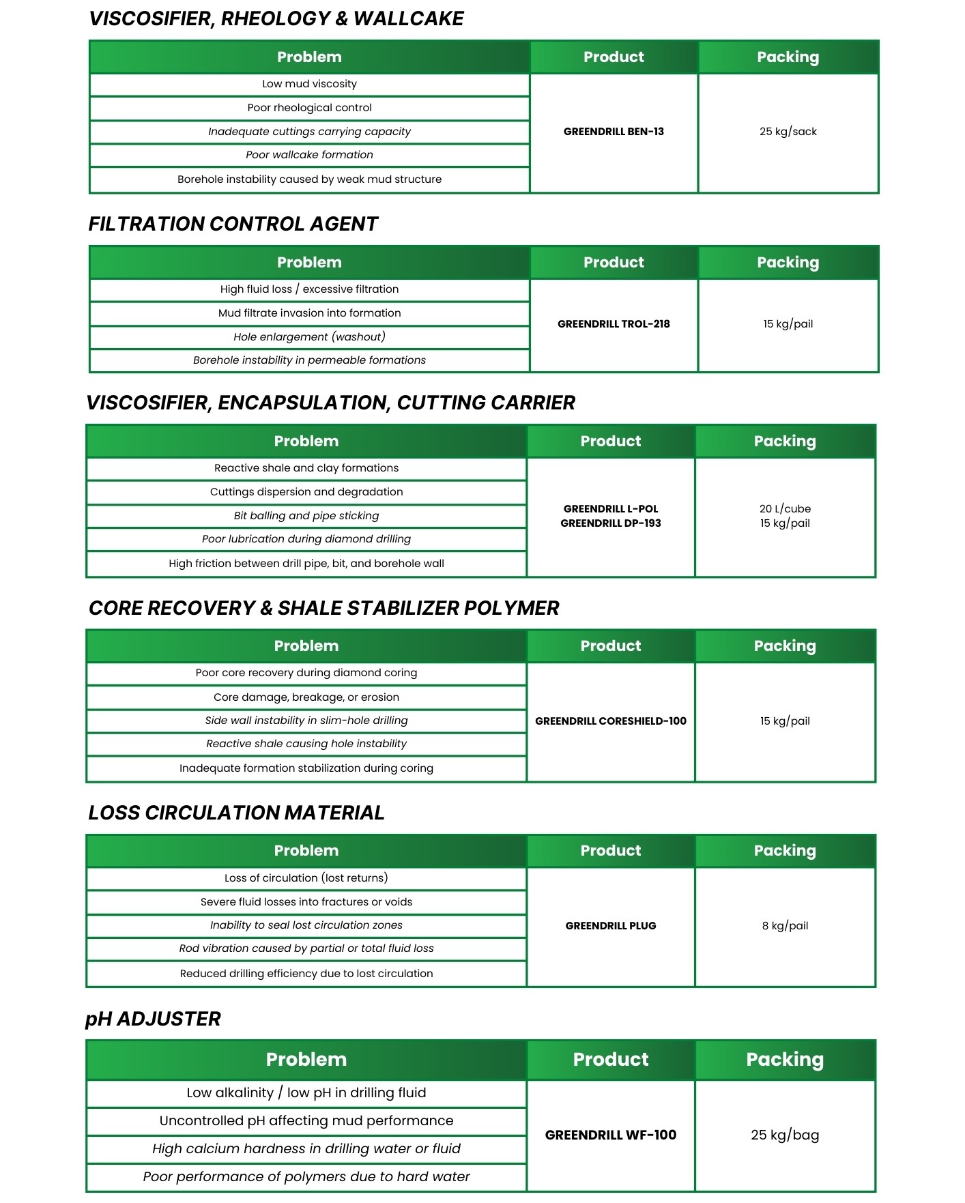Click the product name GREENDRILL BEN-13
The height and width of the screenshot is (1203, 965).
tap(614, 132)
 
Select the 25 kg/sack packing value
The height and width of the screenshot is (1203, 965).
tap(788, 132)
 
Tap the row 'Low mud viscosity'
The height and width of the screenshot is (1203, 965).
tap(309, 84)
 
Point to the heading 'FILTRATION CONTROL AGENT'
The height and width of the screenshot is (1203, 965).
tap(233, 224)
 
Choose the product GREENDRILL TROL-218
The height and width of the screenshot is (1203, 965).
tap(614, 324)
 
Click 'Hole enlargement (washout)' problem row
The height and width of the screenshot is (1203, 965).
tap(309, 337)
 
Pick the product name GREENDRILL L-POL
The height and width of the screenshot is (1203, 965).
tap(611, 509)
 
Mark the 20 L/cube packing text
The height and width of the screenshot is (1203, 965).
tap(785, 509)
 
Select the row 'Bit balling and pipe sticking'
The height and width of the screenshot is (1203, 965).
tap(306, 516)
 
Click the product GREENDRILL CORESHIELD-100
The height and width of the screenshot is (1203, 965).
tap(611, 721)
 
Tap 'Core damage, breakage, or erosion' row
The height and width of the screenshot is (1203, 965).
tap(306, 697)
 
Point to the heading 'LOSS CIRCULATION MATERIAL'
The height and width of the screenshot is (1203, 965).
tap(236, 813)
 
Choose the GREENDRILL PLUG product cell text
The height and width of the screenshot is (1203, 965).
tap(611, 926)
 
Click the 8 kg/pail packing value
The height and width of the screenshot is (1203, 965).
tap(785, 926)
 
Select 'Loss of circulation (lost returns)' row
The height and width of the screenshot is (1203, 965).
tap(306, 878)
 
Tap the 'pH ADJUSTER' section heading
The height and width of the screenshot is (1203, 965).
tap(153, 1019)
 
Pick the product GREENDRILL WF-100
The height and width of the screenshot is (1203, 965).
tap(611, 1135)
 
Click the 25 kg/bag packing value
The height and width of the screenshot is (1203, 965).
tap(785, 1135)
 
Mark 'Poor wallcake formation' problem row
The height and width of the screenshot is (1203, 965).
tap(309, 155)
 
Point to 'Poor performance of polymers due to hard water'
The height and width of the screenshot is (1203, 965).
tap(306, 1177)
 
